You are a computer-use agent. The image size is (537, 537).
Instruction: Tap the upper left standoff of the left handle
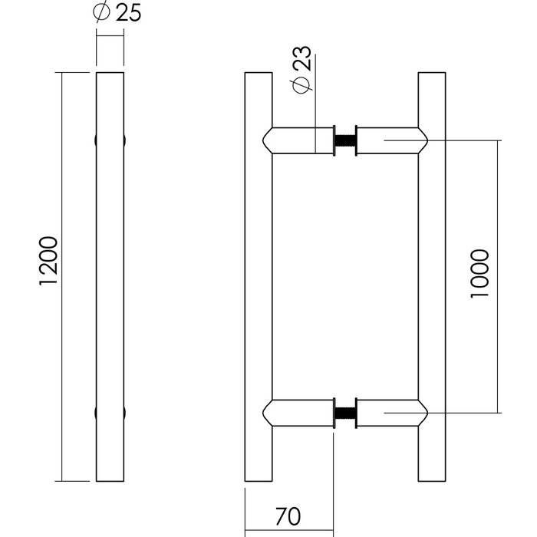(299, 141)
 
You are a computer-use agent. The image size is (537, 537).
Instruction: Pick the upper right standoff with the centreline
(393, 141)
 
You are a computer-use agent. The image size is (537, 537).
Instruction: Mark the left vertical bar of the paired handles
(259, 277)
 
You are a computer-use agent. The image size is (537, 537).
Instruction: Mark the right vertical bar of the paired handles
(432, 277)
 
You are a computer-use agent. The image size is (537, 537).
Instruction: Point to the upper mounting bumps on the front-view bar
(109, 141)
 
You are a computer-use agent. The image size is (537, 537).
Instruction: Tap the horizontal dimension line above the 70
(289, 529)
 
